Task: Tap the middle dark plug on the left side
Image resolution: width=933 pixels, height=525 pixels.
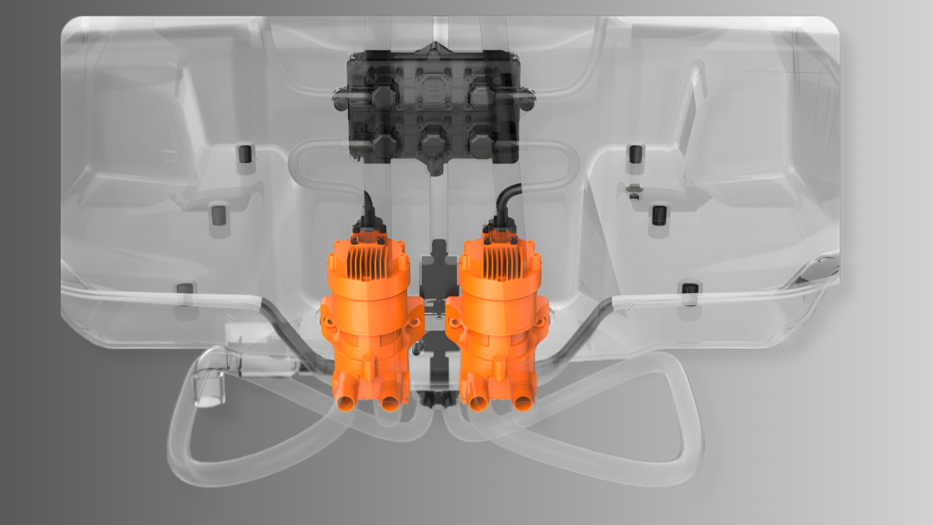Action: tap(219, 215)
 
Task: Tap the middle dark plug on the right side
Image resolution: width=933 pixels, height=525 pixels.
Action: tap(659, 215)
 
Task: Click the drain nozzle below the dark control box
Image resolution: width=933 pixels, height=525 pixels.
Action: tap(435, 168)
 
